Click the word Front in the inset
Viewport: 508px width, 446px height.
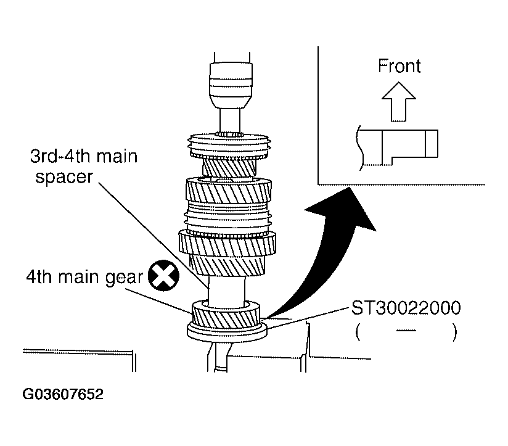[399, 66]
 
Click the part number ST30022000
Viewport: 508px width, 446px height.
[406, 307]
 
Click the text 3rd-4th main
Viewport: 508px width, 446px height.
[84, 156]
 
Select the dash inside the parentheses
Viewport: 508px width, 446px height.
[404, 332]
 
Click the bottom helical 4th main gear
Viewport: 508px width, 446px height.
[226, 315]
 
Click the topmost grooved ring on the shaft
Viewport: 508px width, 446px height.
[229, 146]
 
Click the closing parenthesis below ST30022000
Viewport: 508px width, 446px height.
[454, 332]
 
